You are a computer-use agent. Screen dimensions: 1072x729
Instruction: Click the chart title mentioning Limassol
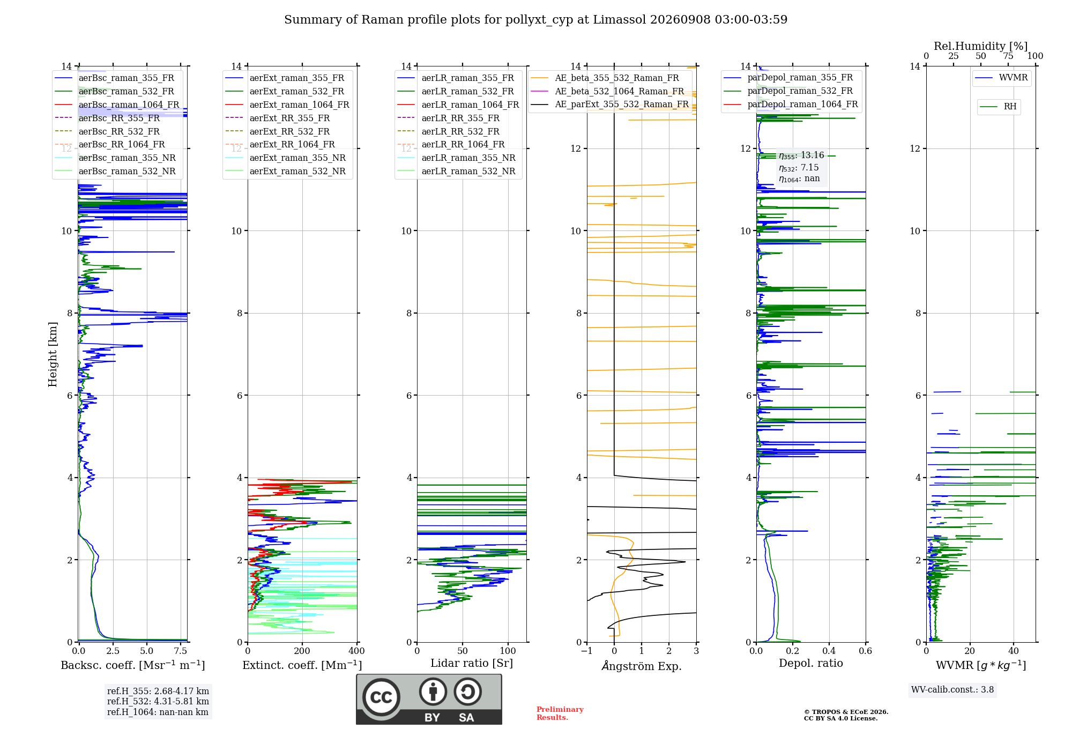pos(535,20)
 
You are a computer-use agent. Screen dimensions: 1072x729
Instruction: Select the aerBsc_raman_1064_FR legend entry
pos(117,105)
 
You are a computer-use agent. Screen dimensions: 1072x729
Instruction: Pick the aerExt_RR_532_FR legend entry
pos(278,131)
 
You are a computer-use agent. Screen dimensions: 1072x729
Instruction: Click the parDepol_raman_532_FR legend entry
pos(788,91)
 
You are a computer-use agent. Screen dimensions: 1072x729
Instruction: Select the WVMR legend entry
pos(1001,78)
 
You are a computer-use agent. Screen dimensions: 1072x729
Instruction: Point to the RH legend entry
pos(998,107)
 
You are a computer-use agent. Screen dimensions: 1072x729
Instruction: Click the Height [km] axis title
pos(53,354)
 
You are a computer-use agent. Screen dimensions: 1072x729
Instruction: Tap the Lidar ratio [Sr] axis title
pos(472,663)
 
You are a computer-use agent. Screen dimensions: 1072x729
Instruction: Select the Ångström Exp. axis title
pos(642,666)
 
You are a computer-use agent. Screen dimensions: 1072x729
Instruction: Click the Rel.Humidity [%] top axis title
pos(981,46)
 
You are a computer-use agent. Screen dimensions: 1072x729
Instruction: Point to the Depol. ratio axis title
pos(811,663)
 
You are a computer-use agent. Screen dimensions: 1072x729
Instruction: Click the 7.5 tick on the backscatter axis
pos(181,651)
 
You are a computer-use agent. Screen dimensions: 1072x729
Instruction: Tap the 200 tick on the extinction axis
pos(302,651)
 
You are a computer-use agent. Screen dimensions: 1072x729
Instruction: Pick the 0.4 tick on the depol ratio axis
pos(829,651)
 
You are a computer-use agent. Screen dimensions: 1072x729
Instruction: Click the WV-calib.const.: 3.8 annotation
pos(952,690)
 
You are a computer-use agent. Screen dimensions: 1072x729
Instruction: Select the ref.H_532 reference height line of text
pos(158,701)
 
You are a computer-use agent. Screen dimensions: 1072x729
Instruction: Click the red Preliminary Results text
pos(560,713)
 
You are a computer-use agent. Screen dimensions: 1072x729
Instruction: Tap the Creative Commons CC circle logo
pos(381,697)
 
